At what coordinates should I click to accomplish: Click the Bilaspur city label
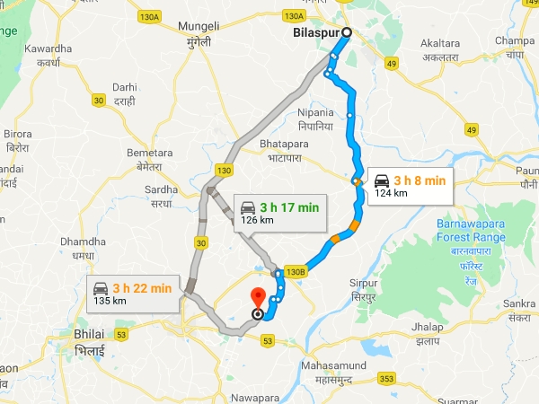coord(317,34)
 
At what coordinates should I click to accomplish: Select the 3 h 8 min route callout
coord(409,186)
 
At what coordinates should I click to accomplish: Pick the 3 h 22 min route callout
coord(131,294)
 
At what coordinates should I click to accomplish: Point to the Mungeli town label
coord(199,33)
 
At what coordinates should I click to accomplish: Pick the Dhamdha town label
coord(80,249)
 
